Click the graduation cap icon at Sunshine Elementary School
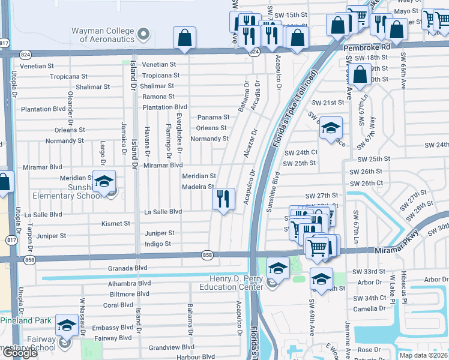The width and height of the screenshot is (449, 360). pos(104,182)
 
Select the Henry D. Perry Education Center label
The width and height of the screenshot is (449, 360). pos(237,283)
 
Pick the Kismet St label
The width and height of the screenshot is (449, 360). pos(116,223)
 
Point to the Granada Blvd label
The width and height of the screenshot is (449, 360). pos(127,268)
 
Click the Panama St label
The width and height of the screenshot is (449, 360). pos(214,118)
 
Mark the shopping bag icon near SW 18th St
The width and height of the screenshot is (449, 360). pos(360,76)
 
